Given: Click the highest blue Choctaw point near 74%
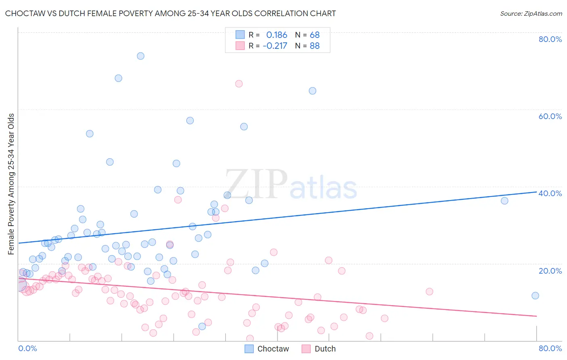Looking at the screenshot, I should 140,56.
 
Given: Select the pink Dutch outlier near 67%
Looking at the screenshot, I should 239,84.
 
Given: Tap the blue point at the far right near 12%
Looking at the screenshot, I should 535,295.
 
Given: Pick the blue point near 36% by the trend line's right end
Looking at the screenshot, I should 504,201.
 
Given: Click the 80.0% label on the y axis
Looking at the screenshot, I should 550,39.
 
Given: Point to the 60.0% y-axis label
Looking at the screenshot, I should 550,116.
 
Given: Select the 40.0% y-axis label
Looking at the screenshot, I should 550,193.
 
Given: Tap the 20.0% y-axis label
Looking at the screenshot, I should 550,270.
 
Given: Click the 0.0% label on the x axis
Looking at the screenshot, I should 27,348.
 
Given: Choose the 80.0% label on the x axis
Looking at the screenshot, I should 550,348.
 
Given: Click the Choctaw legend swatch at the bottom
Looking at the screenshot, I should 249,349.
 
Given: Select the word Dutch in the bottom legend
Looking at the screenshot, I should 325,349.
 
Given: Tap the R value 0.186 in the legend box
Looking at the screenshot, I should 277,35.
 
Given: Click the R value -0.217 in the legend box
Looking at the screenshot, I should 275,46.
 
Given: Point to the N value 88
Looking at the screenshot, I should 315,46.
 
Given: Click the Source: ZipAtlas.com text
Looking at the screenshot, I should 531,13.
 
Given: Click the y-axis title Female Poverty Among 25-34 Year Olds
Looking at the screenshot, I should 11,184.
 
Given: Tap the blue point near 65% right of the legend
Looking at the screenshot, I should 313,91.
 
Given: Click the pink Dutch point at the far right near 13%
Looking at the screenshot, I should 429,291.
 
